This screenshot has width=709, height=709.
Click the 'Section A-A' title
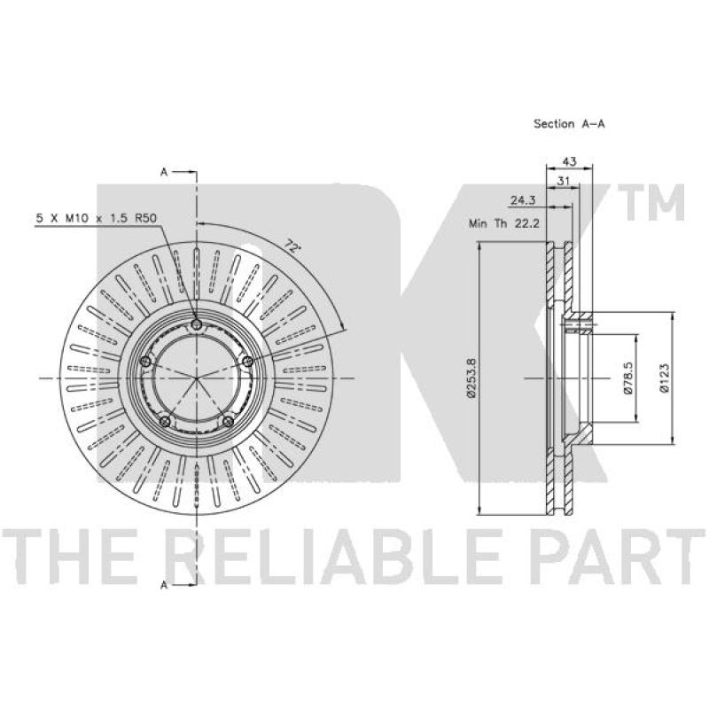click(x=569, y=123)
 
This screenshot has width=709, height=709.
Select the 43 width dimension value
click(x=569, y=161)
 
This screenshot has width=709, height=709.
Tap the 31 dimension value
click(x=563, y=182)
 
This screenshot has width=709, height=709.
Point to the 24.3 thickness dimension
click(x=524, y=200)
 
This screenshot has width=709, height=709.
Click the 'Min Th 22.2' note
click(x=504, y=223)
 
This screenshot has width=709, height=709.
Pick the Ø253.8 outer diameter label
click(x=471, y=378)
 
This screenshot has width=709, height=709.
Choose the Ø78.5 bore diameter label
click(x=628, y=378)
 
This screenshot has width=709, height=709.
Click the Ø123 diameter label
click(x=663, y=378)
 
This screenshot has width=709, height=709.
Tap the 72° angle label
click(x=293, y=246)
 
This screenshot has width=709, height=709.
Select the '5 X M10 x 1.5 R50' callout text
click(x=97, y=218)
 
